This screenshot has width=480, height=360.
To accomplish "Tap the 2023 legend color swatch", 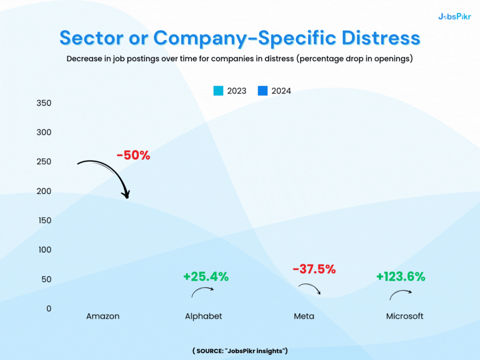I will (218, 91).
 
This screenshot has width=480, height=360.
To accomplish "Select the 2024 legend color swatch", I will (262, 91).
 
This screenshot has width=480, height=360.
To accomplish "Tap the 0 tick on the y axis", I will (48, 308).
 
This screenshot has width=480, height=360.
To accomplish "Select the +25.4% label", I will (206, 277).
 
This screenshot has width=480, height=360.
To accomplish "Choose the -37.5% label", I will (314, 269).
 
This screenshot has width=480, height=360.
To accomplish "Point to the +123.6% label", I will (400, 277).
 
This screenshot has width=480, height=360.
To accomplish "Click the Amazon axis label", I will (103, 316).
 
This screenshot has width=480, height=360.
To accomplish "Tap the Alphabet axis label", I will (203, 316).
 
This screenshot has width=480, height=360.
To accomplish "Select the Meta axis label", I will (304, 316).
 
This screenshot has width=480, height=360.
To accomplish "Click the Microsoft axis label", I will (405, 316).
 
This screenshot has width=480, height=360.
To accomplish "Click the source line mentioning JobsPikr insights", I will (240, 351).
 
